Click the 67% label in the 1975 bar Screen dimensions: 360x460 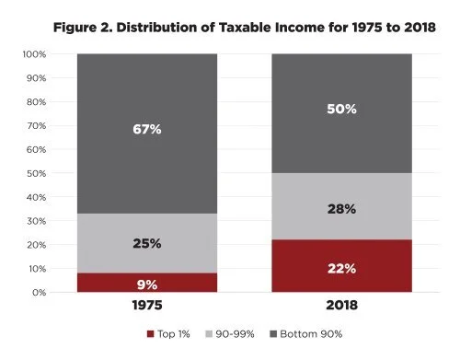[x=146, y=130]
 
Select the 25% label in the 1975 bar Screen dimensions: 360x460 [x=146, y=244]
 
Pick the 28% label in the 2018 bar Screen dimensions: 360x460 [x=342, y=209]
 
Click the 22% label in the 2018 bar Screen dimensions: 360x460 [x=342, y=268]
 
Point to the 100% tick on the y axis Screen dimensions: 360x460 [x=35, y=54]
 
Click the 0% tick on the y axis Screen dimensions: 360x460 [x=39, y=293]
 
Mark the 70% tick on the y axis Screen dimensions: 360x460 [x=37, y=126]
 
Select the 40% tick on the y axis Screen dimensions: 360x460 [x=37, y=197]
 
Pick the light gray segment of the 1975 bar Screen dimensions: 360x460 [x=146, y=230]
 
